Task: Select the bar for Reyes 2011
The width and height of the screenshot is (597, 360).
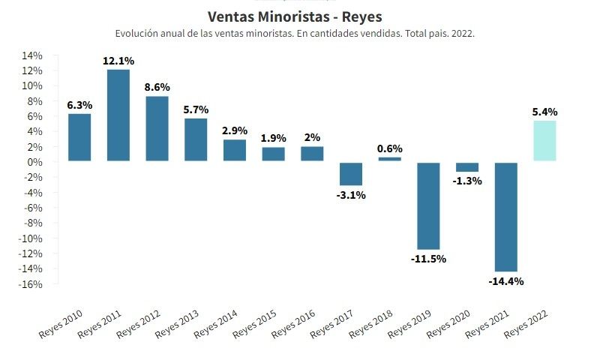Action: [118, 115]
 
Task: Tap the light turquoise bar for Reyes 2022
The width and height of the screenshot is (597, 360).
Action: [545, 141]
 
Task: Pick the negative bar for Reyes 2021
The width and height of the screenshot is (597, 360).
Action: [506, 216]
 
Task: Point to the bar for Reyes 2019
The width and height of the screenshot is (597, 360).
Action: [428, 205]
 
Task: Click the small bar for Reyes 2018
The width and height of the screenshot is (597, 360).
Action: [390, 158]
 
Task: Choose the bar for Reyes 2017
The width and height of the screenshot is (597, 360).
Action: [351, 173]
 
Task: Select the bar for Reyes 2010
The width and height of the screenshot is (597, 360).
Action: [79, 137]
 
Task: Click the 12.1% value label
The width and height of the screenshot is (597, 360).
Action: [118, 60]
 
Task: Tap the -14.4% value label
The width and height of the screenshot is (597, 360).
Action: [506, 282]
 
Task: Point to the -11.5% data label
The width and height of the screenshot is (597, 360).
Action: [428, 259]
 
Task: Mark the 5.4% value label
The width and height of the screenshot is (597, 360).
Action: [545, 112]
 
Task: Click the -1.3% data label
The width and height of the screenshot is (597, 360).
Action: [467, 181]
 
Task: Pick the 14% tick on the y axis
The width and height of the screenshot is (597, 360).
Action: [31, 55]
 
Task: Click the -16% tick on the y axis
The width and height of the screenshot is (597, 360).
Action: [30, 284]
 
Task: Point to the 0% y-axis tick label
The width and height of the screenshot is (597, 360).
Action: [34, 162]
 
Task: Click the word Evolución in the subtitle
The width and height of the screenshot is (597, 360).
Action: [137, 34]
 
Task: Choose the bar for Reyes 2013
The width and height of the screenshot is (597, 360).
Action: [196, 139]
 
